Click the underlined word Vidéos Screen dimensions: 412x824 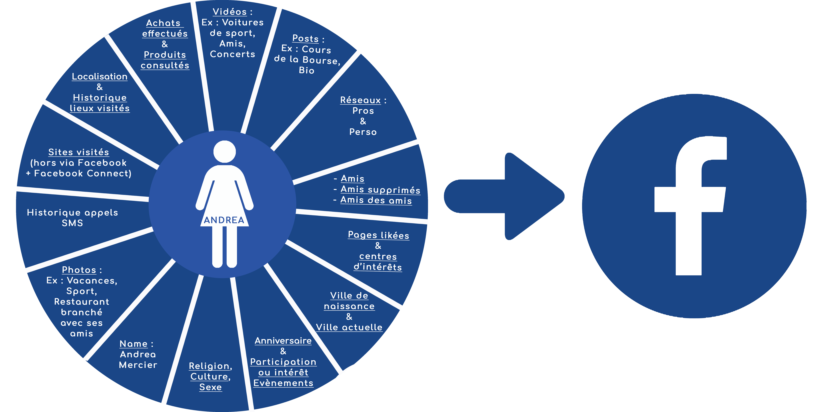[x=230, y=12]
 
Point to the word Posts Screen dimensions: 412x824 [x=305, y=38]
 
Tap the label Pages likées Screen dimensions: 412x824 [x=378, y=235]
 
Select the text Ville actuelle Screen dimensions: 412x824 [x=349, y=327]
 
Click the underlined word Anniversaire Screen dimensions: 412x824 [x=283, y=341]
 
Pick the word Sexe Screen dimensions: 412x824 [x=210, y=387]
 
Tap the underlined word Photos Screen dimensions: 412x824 [x=79, y=270]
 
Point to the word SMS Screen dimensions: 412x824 [x=72, y=223]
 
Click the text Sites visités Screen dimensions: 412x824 [x=79, y=152]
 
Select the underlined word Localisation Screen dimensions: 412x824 [x=100, y=76]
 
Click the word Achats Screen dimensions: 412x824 [x=163, y=23]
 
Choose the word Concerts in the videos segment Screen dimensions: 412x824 [x=233, y=54]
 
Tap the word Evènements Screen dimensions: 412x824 [x=283, y=383]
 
